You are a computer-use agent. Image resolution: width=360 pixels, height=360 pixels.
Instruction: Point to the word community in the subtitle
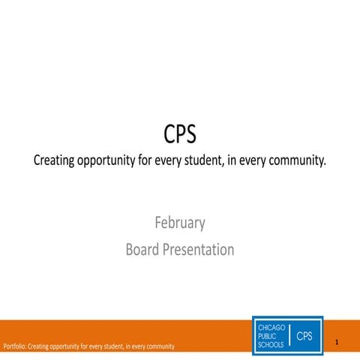click(295, 161)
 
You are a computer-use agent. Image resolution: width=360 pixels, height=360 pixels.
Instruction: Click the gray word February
click(180, 223)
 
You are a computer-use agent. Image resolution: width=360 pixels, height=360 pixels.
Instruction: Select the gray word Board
click(142, 249)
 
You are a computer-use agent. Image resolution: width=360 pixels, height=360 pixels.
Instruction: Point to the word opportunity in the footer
click(67, 346)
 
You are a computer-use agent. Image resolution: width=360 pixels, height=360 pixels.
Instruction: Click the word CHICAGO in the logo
click(271, 328)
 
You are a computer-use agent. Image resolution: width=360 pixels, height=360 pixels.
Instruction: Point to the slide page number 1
click(337, 343)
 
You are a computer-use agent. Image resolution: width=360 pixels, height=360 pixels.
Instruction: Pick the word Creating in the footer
click(38, 346)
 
